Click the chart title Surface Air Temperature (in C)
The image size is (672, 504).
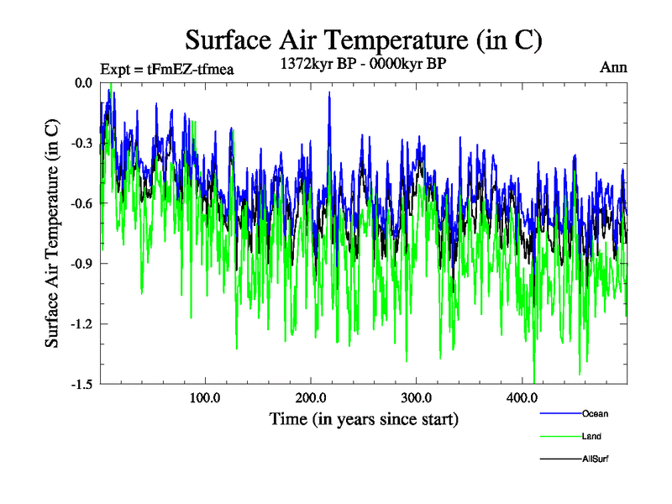click(x=363, y=40)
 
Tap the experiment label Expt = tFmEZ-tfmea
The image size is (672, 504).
click(x=165, y=69)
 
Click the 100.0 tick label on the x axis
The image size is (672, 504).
click(x=205, y=397)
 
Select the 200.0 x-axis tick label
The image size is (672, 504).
click(x=311, y=397)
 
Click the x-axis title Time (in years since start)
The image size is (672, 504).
click(x=363, y=418)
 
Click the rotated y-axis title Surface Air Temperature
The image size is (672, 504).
click(x=52, y=234)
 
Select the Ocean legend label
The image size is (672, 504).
click(x=595, y=413)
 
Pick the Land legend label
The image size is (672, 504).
click(x=591, y=436)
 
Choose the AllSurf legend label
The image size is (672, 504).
click(x=595, y=459)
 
